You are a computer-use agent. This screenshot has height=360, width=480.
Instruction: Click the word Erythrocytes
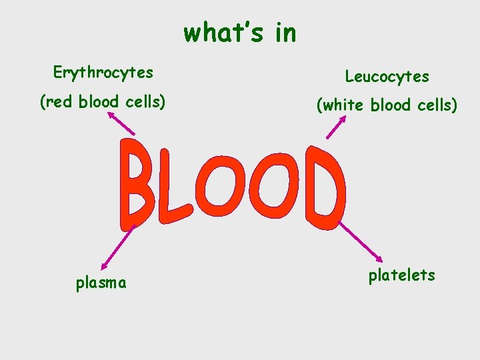[103, 73]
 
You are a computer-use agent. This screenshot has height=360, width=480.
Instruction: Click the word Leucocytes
[387, 77]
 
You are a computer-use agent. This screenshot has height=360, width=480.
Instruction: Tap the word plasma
[101, 283]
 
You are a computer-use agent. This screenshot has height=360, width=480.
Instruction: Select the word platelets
[401, 275]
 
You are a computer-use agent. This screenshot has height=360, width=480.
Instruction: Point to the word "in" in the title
[284, 32]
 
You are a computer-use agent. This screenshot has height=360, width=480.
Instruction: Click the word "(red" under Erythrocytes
[57, 103]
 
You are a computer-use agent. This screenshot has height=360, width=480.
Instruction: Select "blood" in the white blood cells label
[387, 106]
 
